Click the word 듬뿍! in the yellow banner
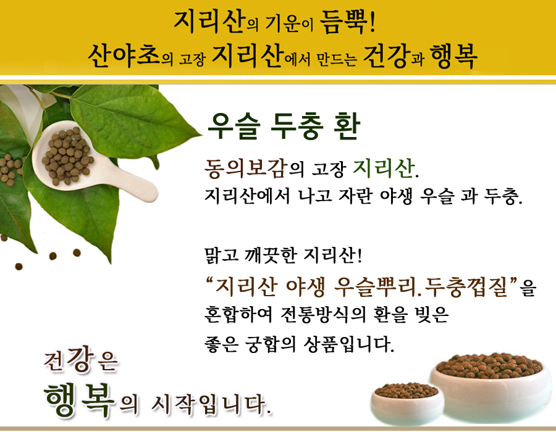[x=347, y=22]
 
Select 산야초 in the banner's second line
[x=124, y=56]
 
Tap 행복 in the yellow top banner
[x=453, y=57]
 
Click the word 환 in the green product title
[x=347, y=126]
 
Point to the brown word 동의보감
[x=245, y=168]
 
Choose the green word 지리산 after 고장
[x=384, y=167]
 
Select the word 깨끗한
[x=270, y=255]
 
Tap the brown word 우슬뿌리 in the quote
[x=376, y=286]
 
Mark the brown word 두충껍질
[x=466, y=286]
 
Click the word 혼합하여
[x=238, y=315]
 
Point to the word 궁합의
[x=270, y=344]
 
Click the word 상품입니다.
[x=348, y=344]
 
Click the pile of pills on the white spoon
[x=67, y=156]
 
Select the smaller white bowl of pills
[x=407, y=403]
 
